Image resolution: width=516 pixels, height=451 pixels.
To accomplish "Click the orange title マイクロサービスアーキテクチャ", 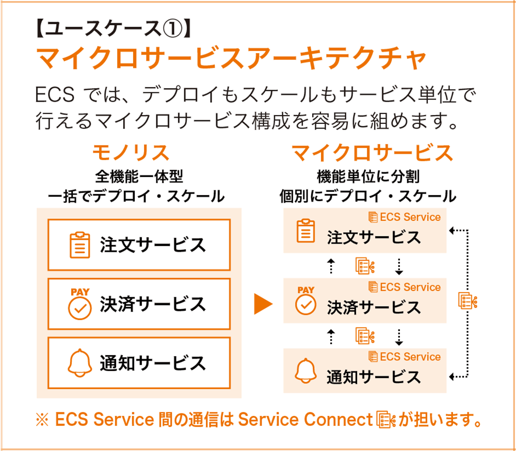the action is [x=231, y=58].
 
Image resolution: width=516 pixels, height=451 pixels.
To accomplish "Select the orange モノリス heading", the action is [x=131, y=152].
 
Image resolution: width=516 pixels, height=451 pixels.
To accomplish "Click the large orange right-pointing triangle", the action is [x=263, y=303].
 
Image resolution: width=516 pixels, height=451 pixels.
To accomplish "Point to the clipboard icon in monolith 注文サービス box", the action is [x=79, y=245].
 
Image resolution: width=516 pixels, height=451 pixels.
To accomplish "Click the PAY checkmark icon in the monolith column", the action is [x=79, y=303].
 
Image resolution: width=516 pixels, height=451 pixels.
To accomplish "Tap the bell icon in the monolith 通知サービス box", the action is [x=79, y=363].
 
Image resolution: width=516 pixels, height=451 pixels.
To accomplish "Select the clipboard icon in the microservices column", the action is [x=305, y=231].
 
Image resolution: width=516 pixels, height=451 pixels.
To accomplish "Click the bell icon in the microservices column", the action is [x=305, y=371].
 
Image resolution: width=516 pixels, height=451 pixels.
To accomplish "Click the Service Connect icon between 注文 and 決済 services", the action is [x=365, y=266].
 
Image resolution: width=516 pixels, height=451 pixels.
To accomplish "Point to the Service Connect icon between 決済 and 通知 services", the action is [x=365, y=336].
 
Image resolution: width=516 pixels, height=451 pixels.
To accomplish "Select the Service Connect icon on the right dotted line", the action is [x=467, y=300].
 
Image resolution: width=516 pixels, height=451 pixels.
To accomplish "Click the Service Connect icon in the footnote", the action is [x=385, y=420].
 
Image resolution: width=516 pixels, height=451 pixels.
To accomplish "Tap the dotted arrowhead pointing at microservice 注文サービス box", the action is [x=452, y=231].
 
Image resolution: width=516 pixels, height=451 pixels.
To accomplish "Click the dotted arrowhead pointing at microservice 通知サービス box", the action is [x=452, y=377].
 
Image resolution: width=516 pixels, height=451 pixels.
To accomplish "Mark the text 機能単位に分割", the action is [x=368, y=177].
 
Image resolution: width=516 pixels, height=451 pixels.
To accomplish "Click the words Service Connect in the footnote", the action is [x=305, y=420].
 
